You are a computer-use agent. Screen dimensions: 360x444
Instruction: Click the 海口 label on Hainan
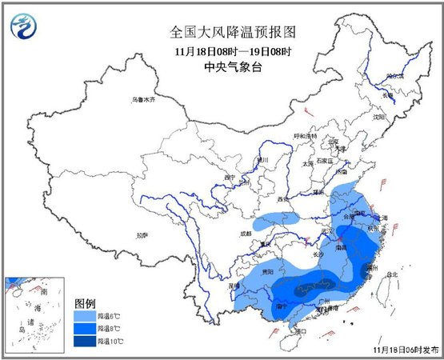tap(300, 330)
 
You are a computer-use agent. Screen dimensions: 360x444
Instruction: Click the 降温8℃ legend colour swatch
tap(86, 329)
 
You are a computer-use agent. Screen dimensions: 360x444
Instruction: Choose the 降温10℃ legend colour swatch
tap(86, 341)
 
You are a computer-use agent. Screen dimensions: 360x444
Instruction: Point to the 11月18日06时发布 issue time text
tap(406, 350)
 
